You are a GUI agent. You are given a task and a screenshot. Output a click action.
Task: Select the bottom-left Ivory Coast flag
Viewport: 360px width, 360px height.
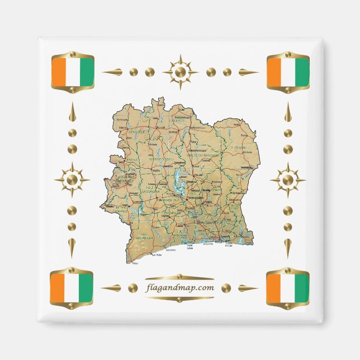tap(71, 288)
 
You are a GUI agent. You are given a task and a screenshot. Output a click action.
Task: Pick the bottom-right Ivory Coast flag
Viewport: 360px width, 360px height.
tap(288, 288)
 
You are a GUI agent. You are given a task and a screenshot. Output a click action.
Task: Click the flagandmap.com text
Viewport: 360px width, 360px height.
tap(179, 287)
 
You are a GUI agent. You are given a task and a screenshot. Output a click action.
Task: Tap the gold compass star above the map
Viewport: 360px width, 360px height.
tap(180, 72)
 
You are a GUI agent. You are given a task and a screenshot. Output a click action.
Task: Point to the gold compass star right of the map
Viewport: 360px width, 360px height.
tap(287, 180)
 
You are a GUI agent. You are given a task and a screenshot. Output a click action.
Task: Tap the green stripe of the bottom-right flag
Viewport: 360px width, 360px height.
tap(301, 288)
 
